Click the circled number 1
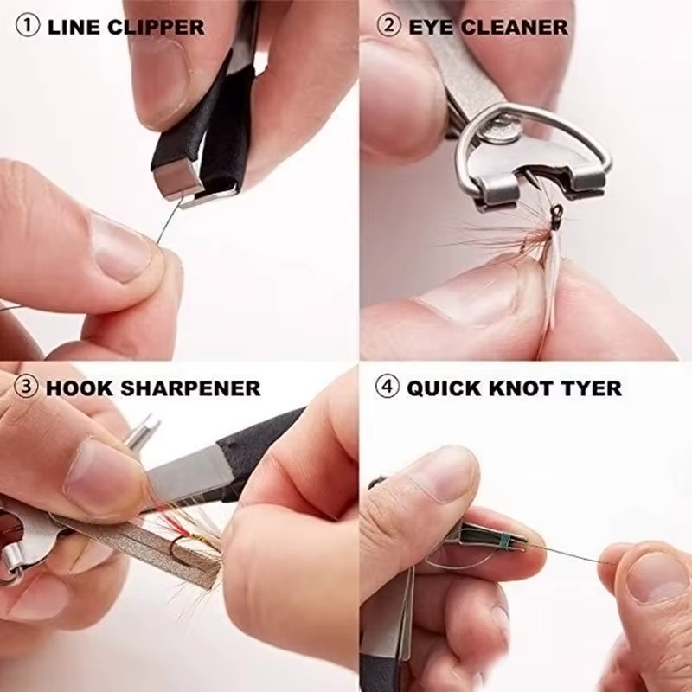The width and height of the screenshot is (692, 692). point(28,25)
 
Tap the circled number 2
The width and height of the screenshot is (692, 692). point(389,25)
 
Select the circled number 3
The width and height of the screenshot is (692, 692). point(27,386)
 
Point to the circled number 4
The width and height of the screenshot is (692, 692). point(388,386)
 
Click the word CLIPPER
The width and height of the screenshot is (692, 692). point(156,27)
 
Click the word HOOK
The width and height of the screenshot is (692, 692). point(80,388)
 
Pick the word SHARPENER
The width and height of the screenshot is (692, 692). point(190,388)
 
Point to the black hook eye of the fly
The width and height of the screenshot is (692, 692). point(554,216)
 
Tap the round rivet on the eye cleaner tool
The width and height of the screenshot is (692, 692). point(502,128)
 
